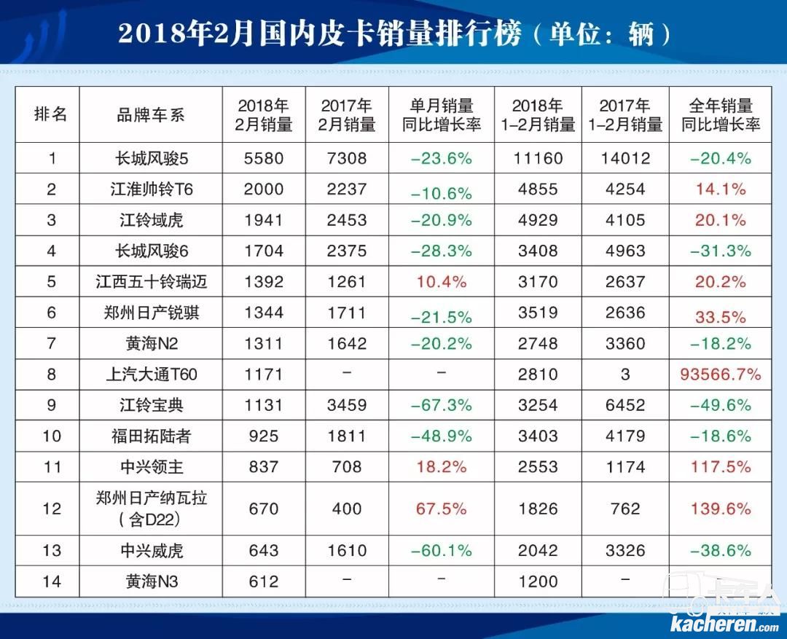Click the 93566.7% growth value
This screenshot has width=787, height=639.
[x=720, y=375]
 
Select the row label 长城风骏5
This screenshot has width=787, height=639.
[x=151, y=158]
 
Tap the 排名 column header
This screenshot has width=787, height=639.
[x=50, y=115]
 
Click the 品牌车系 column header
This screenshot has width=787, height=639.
[x=151, y=115]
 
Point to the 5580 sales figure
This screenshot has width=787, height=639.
[x=263, y=158]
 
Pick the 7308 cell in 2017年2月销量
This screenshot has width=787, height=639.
[x=346, y=158]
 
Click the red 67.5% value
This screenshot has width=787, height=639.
[x=441, y=509]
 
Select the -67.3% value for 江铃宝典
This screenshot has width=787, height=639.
[x=441, y=406]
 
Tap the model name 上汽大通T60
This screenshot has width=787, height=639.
[x=151, y=375]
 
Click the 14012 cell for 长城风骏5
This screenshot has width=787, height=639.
[x=625, y=158]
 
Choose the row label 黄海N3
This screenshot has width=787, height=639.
[x=151, y=581]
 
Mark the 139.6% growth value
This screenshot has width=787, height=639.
[x=720, y=509]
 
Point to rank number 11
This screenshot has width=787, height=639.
[x=50, y=467]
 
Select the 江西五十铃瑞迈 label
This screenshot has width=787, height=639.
[x=151, y=281]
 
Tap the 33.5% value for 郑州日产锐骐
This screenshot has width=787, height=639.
[x=720, y=316]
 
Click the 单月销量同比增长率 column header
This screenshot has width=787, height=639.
[x=441, y=115]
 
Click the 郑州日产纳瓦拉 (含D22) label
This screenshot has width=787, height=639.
[x=151, y=509]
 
